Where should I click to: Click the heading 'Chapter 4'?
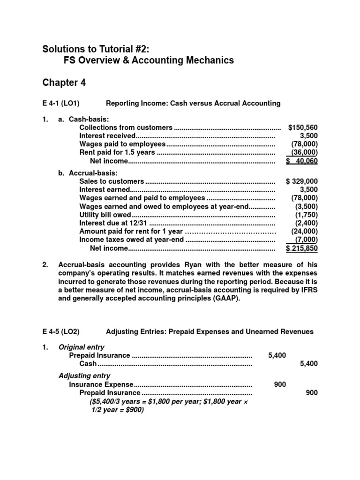click(x=64, y=83)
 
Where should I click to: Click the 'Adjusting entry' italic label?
click(x=84, y=375)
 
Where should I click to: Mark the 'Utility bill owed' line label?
click(x=105, y=215)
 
